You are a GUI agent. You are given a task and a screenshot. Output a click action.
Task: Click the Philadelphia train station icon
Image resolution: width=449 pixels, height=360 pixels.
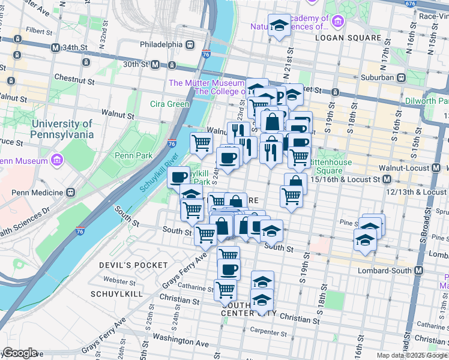point(190,44)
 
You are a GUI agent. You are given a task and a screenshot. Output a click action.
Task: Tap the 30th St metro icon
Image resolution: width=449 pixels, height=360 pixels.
point(155,64)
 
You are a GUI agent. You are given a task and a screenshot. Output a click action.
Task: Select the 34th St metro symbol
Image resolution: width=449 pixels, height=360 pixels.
point(55,47)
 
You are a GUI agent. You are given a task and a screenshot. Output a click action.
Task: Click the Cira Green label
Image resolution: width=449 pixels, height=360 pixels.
point(169,104)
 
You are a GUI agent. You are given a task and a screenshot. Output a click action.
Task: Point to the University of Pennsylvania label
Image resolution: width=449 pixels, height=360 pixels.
point(62,129)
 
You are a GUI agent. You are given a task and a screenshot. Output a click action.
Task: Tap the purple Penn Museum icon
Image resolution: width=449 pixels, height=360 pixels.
point(58,160)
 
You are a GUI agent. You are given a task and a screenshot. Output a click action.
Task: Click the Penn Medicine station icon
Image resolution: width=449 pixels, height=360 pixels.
point(71,193)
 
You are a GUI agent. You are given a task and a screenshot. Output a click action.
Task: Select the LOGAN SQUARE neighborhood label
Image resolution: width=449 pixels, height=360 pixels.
point(348,38)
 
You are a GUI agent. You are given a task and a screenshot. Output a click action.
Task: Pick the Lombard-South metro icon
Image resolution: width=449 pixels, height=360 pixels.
point(417,271)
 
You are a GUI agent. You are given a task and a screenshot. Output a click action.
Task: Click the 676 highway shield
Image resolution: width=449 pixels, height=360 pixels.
point(410,4)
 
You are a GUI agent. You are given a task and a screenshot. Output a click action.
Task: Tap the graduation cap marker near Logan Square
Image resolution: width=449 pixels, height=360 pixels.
point(279,25)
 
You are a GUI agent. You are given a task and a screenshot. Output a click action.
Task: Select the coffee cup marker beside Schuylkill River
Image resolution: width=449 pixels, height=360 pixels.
point(178,177)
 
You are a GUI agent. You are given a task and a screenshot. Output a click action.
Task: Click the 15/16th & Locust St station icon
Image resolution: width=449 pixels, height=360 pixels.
point(387,179)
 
